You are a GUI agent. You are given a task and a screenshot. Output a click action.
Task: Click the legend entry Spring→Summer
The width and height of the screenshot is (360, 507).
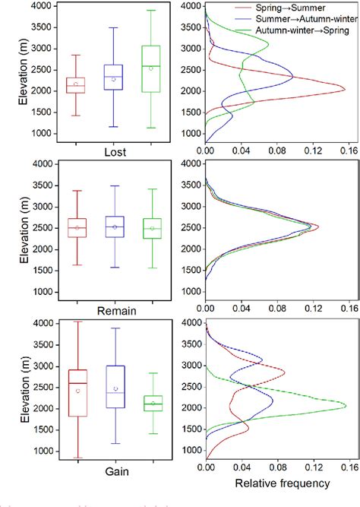(296, 8)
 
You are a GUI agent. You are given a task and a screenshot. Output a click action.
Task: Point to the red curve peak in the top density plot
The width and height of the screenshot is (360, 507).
(344, 91)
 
